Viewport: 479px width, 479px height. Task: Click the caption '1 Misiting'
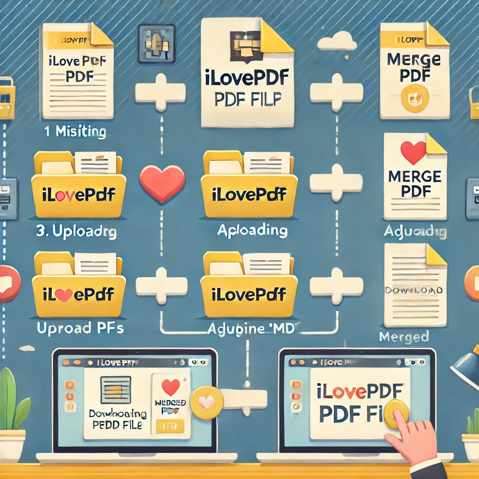click(x=75, y=131)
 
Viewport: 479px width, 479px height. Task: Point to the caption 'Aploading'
click(x=252, y=230)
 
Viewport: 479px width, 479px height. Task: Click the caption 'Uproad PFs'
click(x=80, y=328)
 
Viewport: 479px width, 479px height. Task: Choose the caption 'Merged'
click(x=397, y=336)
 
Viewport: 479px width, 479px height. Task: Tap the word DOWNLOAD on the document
click(x=414, y=290)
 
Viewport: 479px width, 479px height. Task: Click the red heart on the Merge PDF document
click(x=414, y=152)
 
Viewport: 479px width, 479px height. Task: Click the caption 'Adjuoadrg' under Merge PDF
click(x=414, y=232)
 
